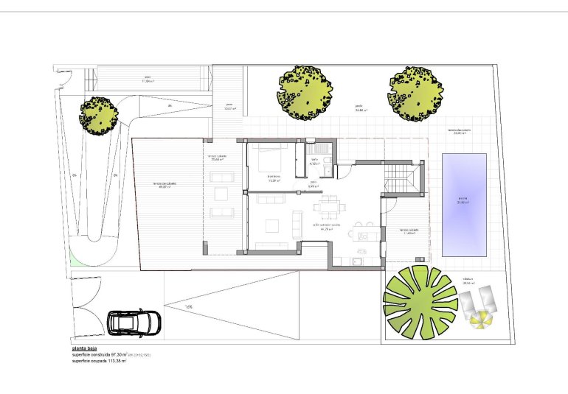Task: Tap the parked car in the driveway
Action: click(x=134, y=322)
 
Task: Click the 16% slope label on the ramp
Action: click(x=189, y=306)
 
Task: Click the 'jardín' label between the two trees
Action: click(x=359, y=106)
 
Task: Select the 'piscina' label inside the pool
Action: click(x=463, y=199)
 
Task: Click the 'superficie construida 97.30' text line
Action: click(x=100, y=356)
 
